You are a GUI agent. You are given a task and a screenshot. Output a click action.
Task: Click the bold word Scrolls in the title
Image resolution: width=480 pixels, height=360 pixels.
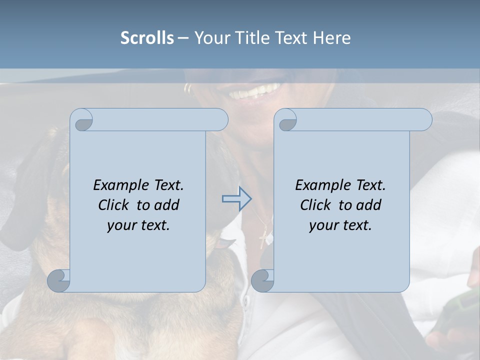[147, 38]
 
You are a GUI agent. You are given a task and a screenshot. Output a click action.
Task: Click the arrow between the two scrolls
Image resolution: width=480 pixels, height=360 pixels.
[237, 198]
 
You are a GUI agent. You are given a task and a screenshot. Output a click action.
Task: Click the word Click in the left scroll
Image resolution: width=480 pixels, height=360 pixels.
[114, 205]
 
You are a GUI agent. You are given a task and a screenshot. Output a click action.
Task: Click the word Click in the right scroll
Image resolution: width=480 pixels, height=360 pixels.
[316, 205]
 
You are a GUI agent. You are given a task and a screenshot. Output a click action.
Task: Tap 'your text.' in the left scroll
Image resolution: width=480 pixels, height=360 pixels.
[138, 225]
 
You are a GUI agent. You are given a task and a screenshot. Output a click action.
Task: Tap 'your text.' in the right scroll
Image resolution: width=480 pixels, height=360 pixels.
[340, 225]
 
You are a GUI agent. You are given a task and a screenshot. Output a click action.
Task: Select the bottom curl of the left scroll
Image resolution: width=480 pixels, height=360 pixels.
[59, 280]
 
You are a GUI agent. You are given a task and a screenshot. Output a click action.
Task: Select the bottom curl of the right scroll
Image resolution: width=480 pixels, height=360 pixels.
[262, 280]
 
